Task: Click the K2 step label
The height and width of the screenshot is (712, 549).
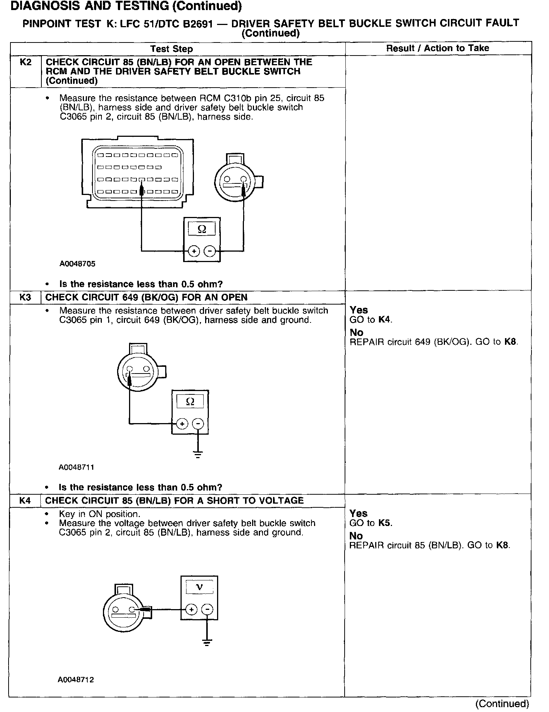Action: click(25, 62)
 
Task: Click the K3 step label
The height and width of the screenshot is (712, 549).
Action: click(25, 297)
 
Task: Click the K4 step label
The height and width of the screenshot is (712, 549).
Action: click(25, 501)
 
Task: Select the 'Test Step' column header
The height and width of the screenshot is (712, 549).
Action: click(172, 49)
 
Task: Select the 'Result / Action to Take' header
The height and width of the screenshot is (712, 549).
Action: click(437, 48)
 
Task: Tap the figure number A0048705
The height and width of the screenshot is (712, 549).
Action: click(77, 264)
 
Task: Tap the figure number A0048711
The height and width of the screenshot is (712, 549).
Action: click(76, 467)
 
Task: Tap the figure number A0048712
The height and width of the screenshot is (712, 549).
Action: click(75, 680)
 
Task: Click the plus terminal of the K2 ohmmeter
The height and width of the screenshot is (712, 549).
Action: click(194, 251)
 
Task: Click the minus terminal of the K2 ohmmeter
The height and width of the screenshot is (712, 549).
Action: click(210, 251)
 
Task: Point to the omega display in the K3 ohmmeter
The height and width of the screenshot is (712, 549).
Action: click(190, 401)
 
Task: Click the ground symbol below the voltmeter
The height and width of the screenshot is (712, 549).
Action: click(207, 642)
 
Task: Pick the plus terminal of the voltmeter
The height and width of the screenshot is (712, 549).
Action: click(191, 609)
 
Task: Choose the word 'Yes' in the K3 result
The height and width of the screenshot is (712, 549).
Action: click(359, 310)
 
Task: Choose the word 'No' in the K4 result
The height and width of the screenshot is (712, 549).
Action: click(356, 536)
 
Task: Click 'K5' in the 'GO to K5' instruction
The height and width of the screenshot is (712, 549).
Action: click(385, 523)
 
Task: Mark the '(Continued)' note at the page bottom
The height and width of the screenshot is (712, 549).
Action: click(502, 703)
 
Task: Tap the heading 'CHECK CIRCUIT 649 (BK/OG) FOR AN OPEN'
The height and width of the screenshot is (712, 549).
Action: click(146, 297)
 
